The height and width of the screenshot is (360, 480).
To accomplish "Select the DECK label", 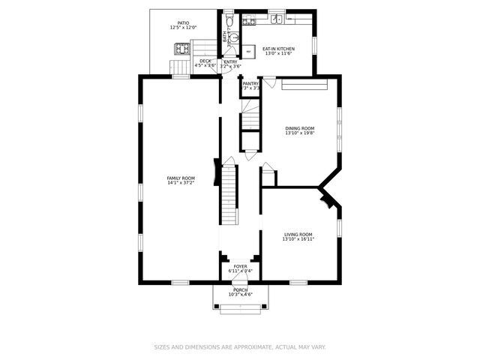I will point(205,61).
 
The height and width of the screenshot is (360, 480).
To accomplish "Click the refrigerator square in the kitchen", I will point(249,51).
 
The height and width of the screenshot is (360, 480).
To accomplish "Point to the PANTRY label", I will point(250,83).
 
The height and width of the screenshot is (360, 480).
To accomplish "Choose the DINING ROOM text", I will point(299,128).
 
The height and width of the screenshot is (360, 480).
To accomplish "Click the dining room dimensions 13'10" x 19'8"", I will point(299,133).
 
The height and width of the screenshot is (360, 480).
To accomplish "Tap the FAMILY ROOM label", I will point(181,178).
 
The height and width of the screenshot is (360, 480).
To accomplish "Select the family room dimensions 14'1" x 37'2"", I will point(181,183).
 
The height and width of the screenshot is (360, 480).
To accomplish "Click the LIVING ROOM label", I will point(298,234).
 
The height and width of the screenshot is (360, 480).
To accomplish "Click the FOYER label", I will point(240,266).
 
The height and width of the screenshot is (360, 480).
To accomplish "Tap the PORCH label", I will point(240,289).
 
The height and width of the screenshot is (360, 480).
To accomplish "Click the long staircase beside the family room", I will point(229,195).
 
